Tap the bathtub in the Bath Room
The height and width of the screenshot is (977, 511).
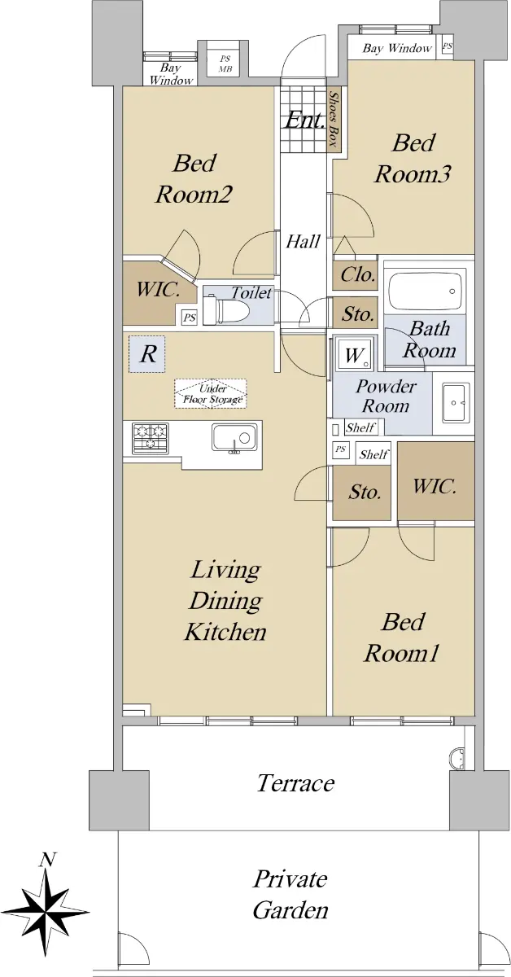click(x=425, y=291)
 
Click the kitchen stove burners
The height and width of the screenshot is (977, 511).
click(x=151, y=437)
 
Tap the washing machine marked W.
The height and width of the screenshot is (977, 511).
click(x=356, y=353)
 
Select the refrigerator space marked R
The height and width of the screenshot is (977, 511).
click(x=147, y=353)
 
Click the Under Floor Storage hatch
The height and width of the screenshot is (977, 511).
click(x=211, y=394)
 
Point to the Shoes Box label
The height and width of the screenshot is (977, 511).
click(x=334, y=118)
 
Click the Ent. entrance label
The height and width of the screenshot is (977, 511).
click(x=305, y=120)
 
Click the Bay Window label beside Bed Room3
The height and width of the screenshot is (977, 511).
click(x=397, y=48)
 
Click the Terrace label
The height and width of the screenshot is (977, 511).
click(x=295, y=783)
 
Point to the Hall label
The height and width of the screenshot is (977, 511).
click(x=303, y=241)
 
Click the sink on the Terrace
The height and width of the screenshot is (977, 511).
click(x=456, y=758)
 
